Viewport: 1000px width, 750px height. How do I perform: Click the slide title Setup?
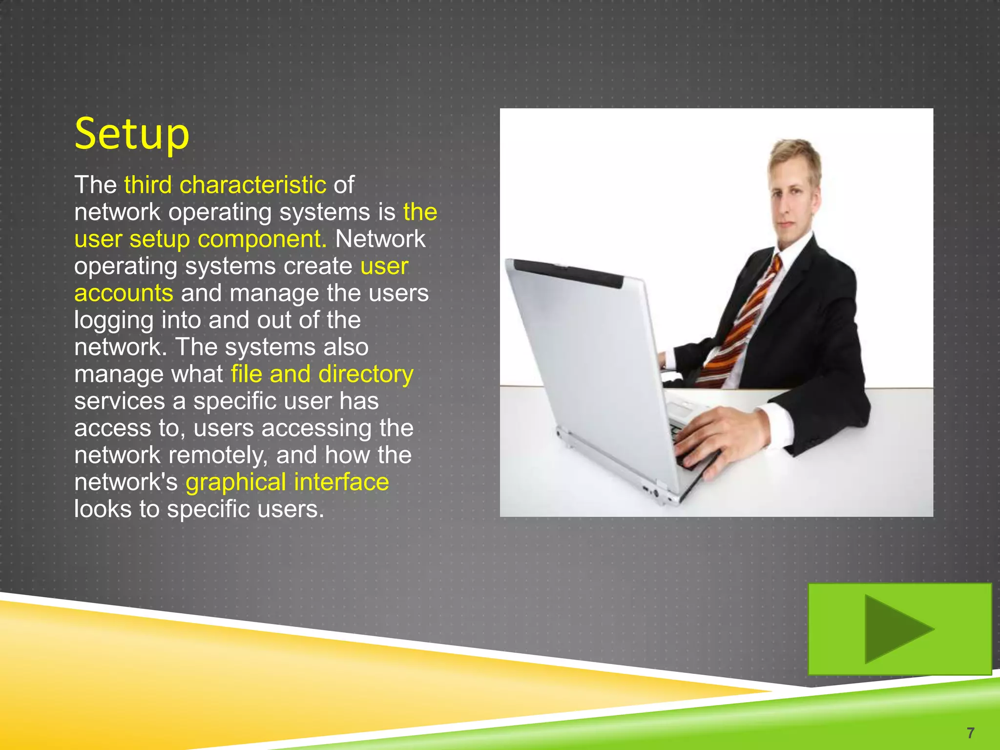pos(132,134)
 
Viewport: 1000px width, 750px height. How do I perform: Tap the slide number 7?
pos(970,732)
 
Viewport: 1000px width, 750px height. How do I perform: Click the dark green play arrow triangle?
pos(894,629)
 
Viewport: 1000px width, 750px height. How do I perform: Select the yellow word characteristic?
pos(252,185)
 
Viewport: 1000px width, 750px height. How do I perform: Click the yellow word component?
pos(262,239)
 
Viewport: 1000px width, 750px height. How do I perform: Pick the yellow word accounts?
pos(124,293)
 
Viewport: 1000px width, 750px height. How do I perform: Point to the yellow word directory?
pos(366,374)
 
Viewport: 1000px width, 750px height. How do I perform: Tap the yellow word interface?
pos(341,482)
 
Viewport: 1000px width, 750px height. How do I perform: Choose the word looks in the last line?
pos(103,509)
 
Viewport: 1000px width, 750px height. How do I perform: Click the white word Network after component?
pos(380,239)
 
